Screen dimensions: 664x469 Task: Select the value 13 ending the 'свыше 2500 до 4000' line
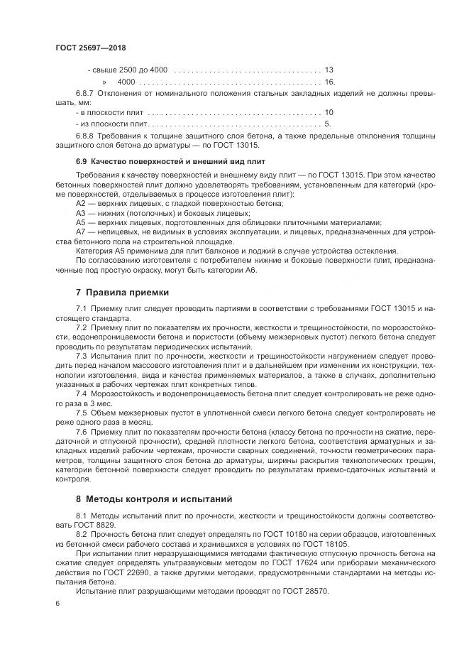[x=329, y=70]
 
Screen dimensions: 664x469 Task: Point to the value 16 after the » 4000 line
[x=329, y=82]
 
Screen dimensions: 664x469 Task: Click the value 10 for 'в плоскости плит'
[x=329, y=112]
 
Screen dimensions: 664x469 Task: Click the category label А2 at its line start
[x=81, y=204]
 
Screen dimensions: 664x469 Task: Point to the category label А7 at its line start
[x=81, y=232]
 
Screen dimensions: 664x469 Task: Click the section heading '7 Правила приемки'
[x=123, y=292]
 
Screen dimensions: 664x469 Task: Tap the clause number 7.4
[x=81, y=393]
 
